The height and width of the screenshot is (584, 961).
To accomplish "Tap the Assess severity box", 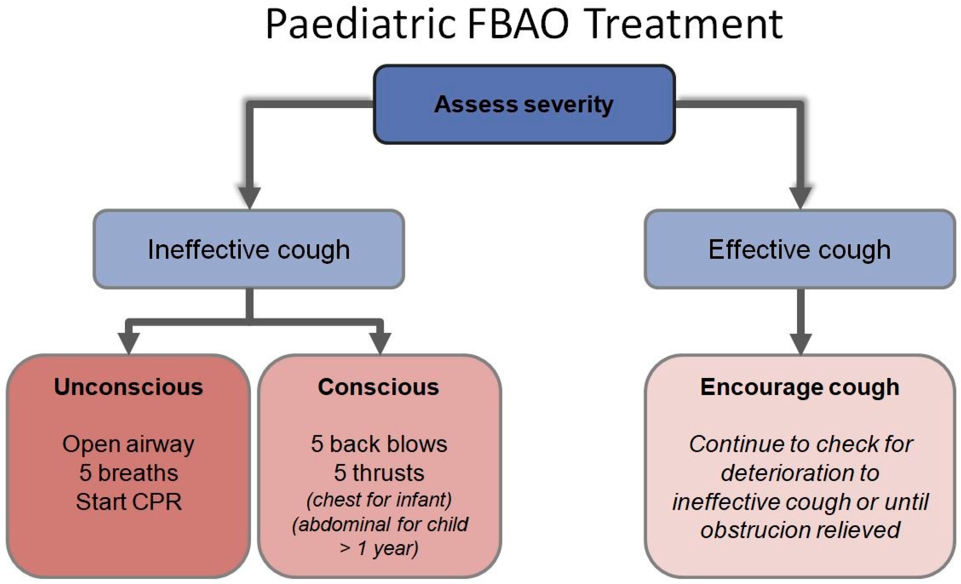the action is click(x=524, y=104).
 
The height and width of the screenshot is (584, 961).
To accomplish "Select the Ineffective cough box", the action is click(x=249, y=249).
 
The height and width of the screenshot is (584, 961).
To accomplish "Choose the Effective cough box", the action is click(x=800, y=249).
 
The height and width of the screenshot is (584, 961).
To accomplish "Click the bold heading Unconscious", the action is click(x=129, y=387).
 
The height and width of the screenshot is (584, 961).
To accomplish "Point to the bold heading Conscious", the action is click(x=379, y=387).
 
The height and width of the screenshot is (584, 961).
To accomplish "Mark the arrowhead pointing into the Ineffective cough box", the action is click(x=250, y=198).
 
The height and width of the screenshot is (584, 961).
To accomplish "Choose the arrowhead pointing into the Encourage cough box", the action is click(x=801, y=344).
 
